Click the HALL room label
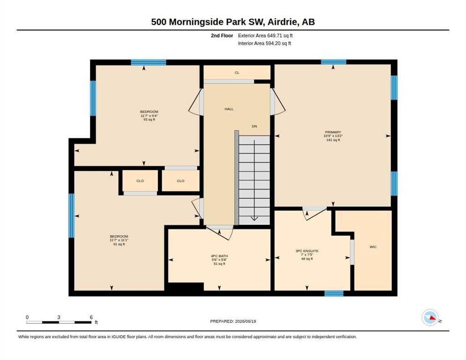(x=229, y=109)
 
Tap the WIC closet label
(x=373, y=247)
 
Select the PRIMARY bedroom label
(x=333, y=132)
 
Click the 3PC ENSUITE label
(x=307, y=251)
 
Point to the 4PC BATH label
(x=219, y=256)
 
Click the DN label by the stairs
(x=255, y=126)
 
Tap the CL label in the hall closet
(x=237, y=73)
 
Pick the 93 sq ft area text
(x=149, y=120)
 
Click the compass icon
(x=430, y=317)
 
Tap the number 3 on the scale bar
(x=59, y=317)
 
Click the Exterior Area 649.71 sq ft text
(x=265, y=36)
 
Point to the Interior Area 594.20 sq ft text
(x=264, y=44)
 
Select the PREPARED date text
(x=233, y=321)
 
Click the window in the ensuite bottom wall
(x=334, y=293)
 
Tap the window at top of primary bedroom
(x=333, y=62)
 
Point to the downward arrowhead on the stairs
(x=255, y=218)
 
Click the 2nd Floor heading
(x=222, y=36)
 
